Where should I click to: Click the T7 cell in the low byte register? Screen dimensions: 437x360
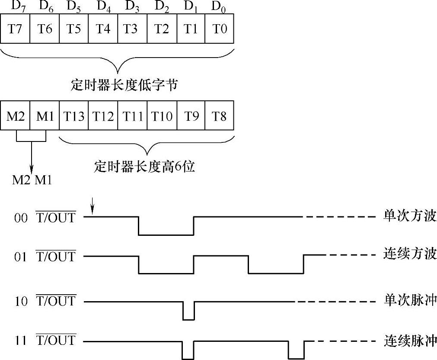click(x=15, y=29)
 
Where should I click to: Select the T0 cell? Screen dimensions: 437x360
click(x=220, y=29)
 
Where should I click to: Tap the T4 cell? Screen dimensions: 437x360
click(x=103, y=29)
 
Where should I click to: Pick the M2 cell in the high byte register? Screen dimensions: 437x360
click(x=15, y=116)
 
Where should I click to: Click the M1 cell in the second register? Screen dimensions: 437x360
click(x=44, y=116)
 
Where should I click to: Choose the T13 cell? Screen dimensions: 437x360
click(x=73, y=116)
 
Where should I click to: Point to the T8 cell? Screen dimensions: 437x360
click(x=220, y=116)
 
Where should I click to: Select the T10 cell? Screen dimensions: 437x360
click(x=162, y=116)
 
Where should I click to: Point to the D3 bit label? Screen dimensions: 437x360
click(x=132, y=6)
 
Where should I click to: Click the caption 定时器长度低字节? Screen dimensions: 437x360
click(x=124, y=85)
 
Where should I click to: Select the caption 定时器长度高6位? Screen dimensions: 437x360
click(x=144, y=166)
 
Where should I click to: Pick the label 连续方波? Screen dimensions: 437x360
click(x=409, y=254)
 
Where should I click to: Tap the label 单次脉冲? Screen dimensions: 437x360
click(x=409, y=300)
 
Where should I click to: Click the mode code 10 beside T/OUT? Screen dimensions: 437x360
click(x=21, y=302)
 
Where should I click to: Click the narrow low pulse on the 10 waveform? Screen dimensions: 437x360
click(x=188, y=314)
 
